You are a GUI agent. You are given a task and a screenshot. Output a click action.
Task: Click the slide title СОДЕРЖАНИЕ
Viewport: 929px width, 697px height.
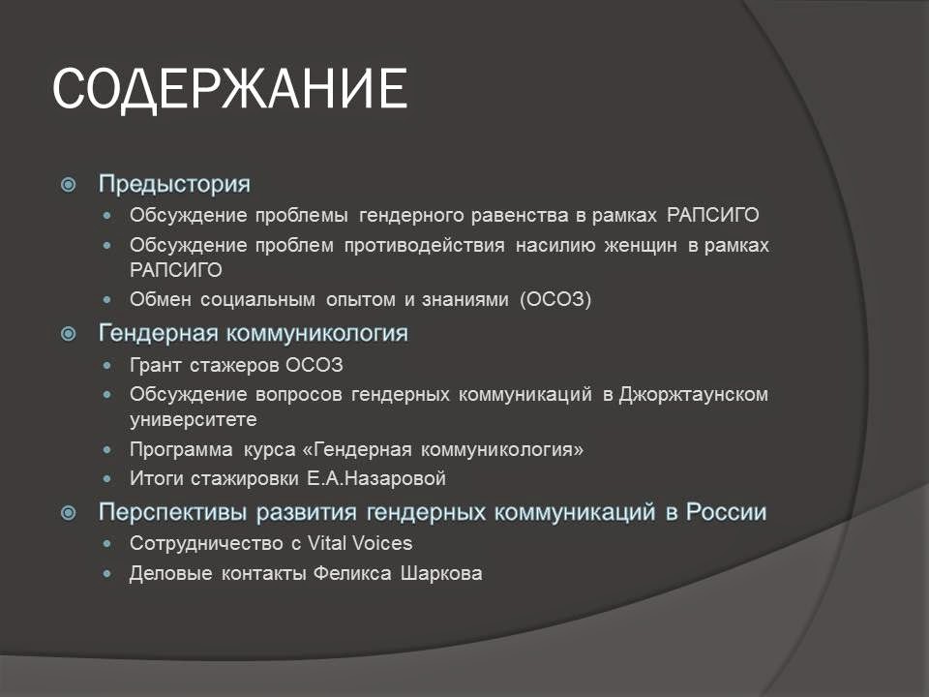click(x=228, y=90)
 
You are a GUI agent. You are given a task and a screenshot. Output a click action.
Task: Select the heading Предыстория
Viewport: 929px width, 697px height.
click(x=174, y=184)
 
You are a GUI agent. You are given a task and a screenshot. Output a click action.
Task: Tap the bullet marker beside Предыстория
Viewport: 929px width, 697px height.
click(x=69, y=184)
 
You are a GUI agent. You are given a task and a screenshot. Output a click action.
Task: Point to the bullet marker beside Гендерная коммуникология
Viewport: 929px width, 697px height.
click(x=69, y=334)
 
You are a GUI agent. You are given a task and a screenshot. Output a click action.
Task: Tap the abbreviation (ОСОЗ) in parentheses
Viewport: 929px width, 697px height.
click(x=554, y=300)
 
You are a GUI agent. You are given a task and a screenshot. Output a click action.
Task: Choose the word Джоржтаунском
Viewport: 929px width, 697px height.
click(x=694, y=395)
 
